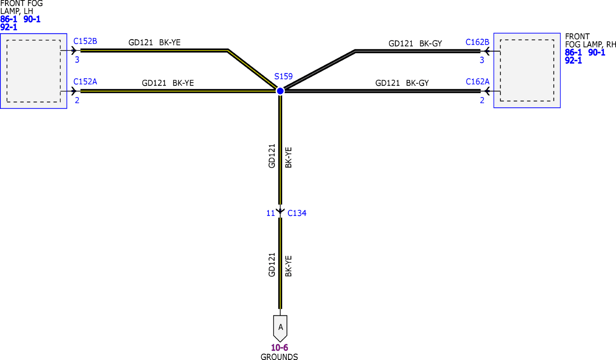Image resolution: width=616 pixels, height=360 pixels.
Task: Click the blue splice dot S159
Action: click(x=280, y=91)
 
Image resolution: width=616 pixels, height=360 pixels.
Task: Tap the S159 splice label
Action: click(x=283, y=77)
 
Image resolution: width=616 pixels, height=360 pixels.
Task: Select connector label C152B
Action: click(x=85, y=41)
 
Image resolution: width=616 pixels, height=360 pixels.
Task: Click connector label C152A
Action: click(x=85, y=82)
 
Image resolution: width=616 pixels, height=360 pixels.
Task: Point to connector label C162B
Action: click(x=477, y=42)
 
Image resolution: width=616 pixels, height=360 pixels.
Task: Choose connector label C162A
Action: click(x=477, y=82)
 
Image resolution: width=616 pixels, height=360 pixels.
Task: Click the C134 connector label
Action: click(x=297, y=213)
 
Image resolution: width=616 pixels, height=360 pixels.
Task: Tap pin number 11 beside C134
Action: click(x=270, y=213)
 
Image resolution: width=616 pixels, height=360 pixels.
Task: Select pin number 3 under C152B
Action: click(x=77, y=60)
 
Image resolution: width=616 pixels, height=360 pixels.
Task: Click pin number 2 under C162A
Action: click(x=482, y=100)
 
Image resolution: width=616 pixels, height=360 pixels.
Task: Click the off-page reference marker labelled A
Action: click(x=280, y=327)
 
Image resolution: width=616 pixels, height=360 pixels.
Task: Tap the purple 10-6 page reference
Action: click(x=279, y=347)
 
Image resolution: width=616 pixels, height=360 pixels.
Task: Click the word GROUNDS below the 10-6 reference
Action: click(x=279, y=357)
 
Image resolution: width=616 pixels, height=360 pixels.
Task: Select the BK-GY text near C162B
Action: click(x=430, y=44)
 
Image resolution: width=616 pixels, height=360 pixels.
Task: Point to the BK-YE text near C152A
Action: click(x=183, y=83)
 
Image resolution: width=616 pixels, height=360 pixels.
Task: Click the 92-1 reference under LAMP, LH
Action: click(x=9, y=27)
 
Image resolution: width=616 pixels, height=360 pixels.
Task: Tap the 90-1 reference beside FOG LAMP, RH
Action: click(x=596, y=53)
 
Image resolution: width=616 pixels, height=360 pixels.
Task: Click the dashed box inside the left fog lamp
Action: click(x=34, y=71)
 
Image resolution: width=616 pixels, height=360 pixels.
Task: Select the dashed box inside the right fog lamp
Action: click(x=527, y=71)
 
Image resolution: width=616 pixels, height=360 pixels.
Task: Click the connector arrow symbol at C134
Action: click(x=280, y=211)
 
